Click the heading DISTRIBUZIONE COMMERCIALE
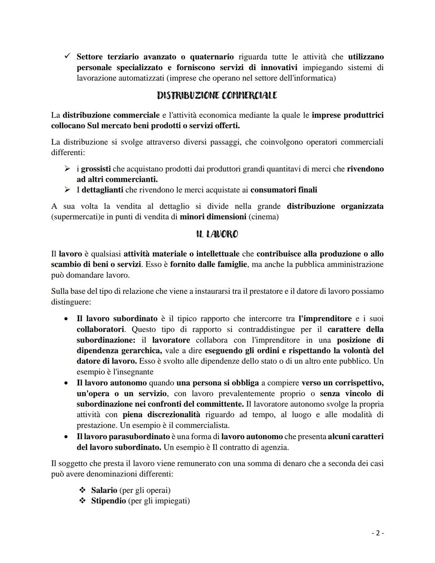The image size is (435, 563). [x=217, y=96]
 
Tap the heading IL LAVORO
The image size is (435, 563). [x=217, y=234]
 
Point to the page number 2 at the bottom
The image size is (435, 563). [x=377, y=533]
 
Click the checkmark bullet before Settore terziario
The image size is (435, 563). [x=67, y=57]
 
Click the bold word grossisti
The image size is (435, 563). [x=96, y=169]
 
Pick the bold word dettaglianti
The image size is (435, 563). [x=102, y=190]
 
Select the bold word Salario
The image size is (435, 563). [x=104, y=490]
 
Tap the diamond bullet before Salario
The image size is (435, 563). [x=82, y=490]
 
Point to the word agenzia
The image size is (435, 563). [x=273, y=447]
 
